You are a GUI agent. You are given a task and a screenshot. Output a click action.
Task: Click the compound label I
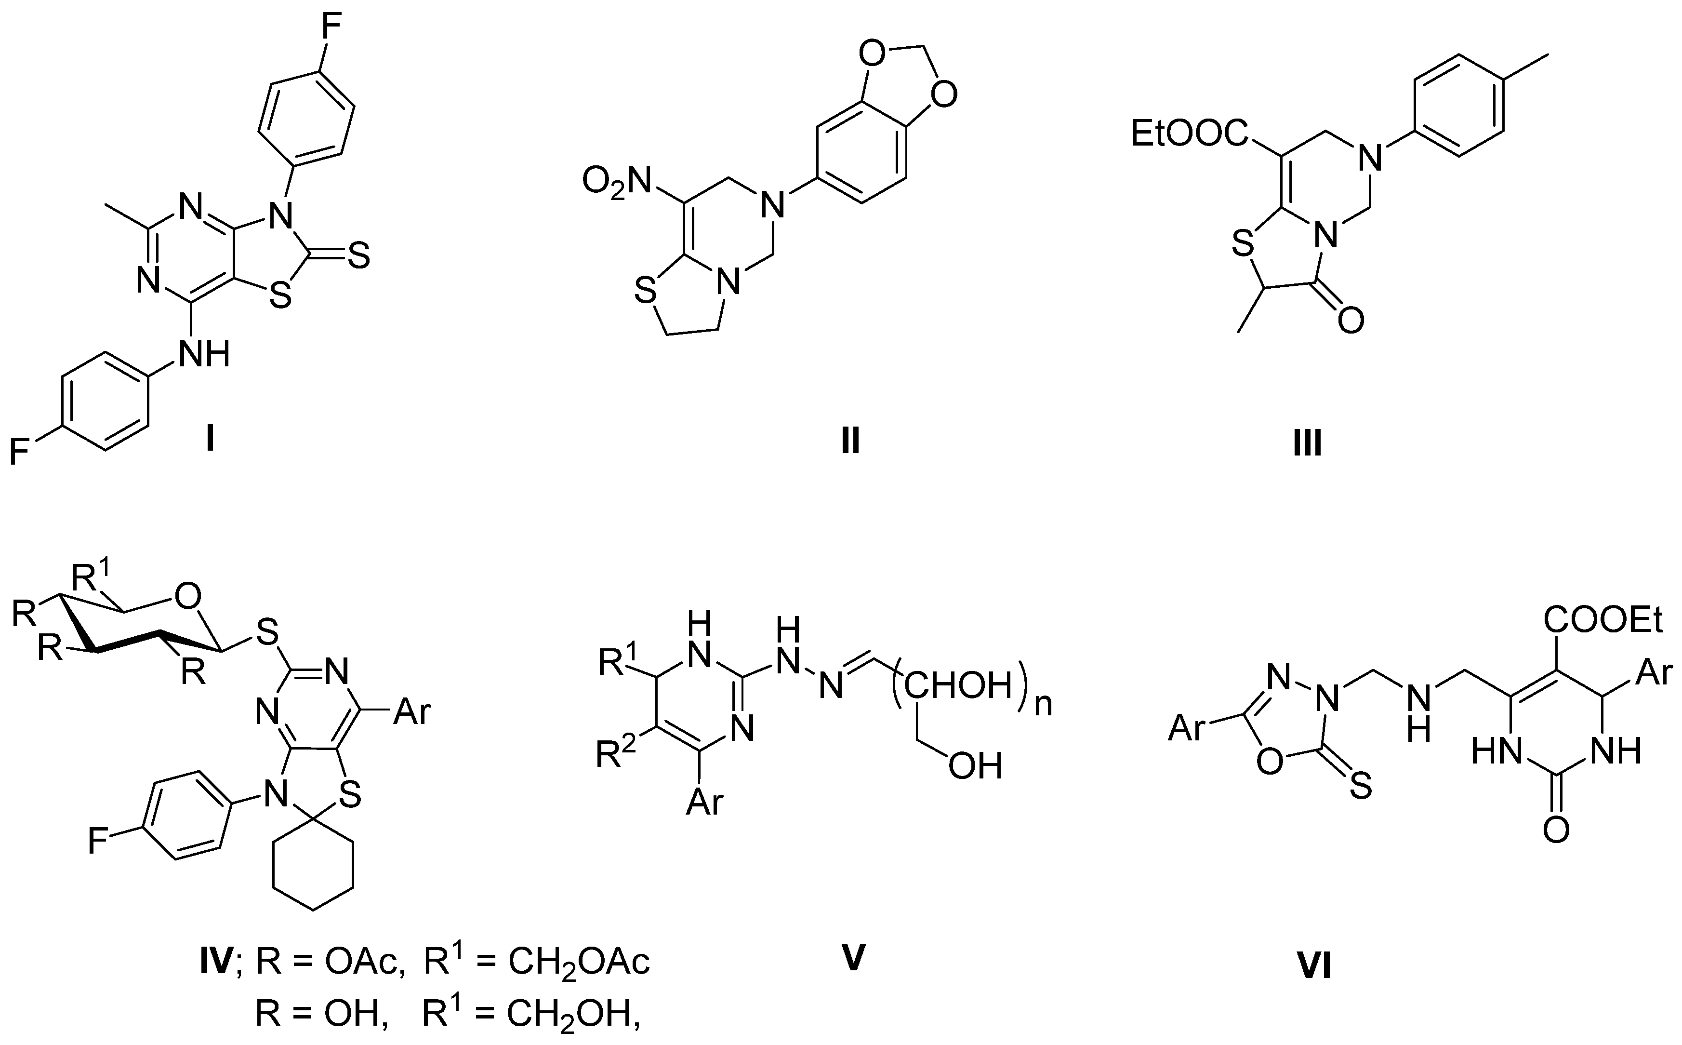click(x=209, y=440)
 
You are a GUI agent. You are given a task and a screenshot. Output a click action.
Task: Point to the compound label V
click(x=854, y=957)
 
